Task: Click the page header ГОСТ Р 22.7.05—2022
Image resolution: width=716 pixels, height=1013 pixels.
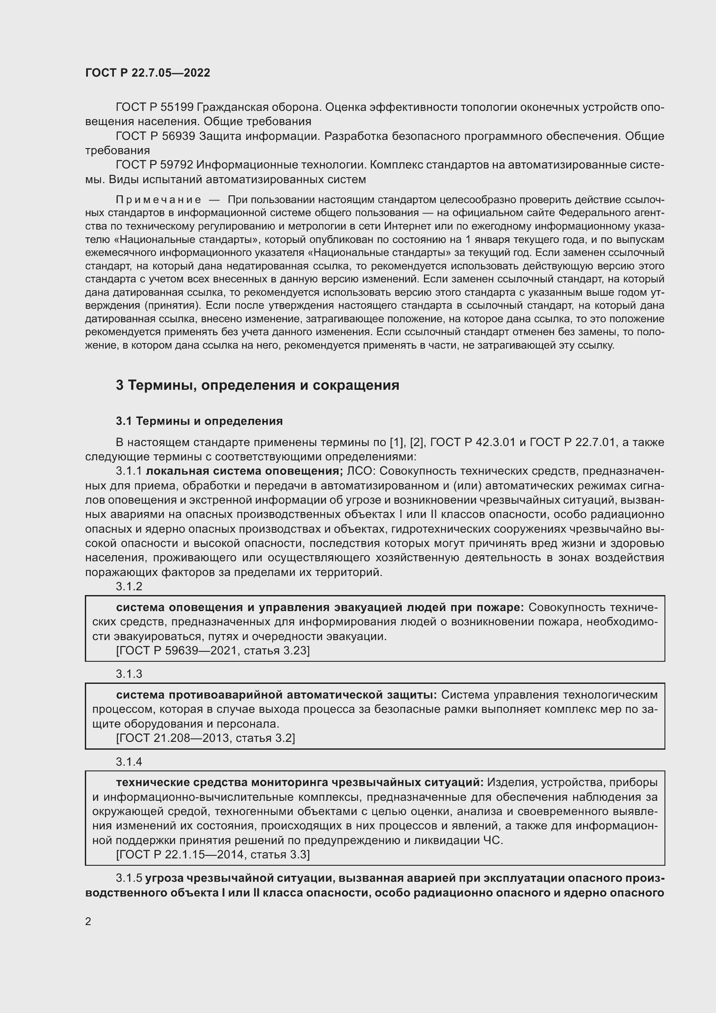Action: point(147,73)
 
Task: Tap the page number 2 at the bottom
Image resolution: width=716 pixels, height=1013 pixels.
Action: point(88,922)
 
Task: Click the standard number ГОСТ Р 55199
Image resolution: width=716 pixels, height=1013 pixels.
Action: point(154,107)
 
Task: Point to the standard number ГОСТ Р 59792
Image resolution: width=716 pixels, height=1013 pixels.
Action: point(154,165)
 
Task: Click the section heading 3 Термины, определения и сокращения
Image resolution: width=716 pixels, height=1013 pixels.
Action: point(258,385)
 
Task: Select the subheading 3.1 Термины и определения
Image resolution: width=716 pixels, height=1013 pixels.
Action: point(199,421)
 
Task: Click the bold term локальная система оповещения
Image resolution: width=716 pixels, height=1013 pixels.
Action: point(244,471)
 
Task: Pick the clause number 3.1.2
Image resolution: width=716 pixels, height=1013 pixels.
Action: point(129,586)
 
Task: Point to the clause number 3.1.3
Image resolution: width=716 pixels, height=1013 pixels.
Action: point(129,674)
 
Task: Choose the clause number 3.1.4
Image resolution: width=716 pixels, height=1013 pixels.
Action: point(129,761)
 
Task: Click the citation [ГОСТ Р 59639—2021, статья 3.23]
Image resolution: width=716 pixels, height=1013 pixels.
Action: point(213,651)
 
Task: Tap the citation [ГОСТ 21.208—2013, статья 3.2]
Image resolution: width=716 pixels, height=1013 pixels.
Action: point(206,738)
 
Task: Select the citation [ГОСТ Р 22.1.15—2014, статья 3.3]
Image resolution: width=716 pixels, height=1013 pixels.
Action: point(213,854)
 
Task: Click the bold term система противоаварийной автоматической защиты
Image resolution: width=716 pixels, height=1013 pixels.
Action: point(276,695)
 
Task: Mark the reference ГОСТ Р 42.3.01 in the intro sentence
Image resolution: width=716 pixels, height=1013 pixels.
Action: point(473,442)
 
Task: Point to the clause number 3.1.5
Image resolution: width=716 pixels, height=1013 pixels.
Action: point(129,878)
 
